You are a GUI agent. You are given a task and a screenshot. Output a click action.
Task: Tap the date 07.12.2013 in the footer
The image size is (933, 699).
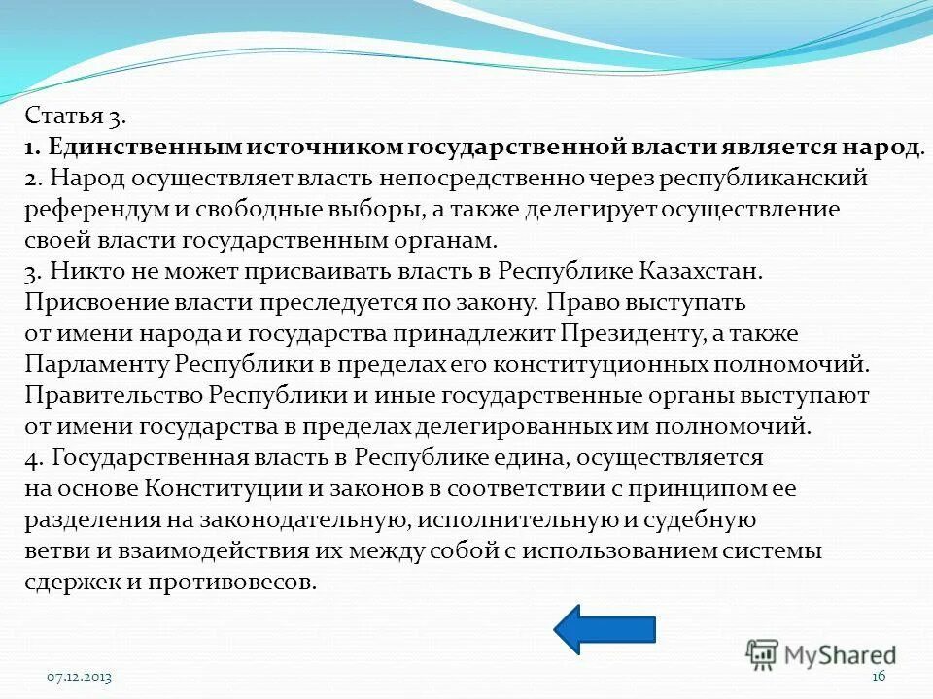pos(80,677)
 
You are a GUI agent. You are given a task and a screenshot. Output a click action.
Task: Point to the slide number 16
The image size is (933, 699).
pos(880,677)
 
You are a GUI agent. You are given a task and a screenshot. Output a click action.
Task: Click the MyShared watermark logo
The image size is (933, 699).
pos(821,654)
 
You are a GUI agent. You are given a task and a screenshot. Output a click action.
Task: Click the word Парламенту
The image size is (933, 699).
pos(98,364)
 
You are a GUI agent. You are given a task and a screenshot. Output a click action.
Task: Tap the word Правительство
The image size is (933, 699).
pos(112,395)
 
